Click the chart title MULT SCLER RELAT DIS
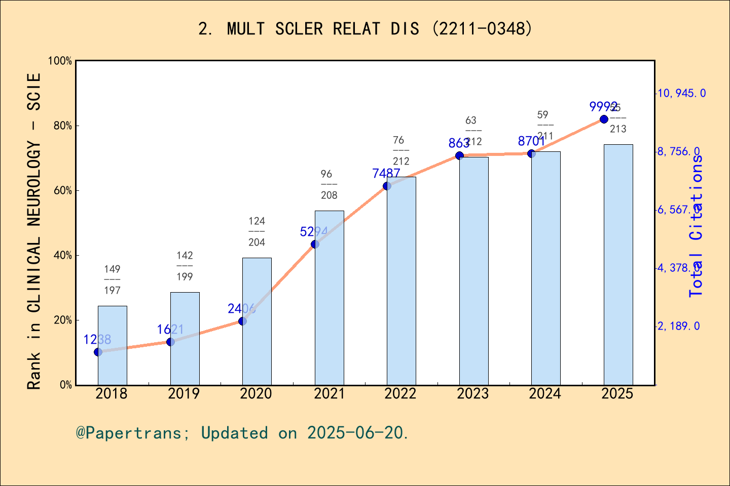pos(365,29)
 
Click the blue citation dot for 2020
pos(242,321)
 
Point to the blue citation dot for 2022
pos(387,186)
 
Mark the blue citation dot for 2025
pos(604,119)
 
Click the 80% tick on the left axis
pos(63,126)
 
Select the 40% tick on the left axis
pos(63,255)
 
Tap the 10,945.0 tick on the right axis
pos(681,93)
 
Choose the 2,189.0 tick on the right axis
pos(678,326)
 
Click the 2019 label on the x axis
pos(184,394)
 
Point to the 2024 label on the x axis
pos(545,394)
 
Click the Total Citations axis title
pos(696,225)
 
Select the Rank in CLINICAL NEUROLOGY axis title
pos(34,231)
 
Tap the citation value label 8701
pos(531,141)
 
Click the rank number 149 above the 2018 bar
pos(112,269)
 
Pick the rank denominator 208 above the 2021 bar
pos(329,195)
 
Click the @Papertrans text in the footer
pos(129,433)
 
